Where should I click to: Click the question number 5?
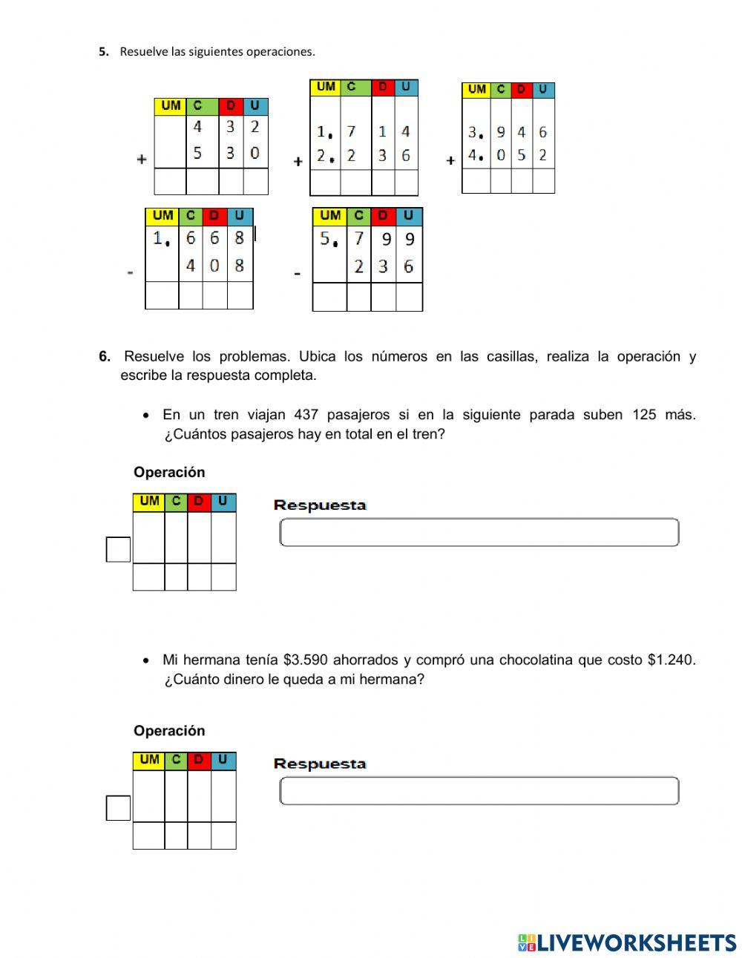(103, 52)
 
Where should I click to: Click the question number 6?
(105, 356)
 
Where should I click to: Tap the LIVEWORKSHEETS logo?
(627, 942)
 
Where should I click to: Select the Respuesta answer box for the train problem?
(479, 533)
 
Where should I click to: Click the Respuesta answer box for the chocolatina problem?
(479, 791)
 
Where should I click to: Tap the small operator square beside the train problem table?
(118, 549)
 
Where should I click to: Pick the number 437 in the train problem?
(306, 415)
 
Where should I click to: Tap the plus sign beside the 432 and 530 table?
(142, 159)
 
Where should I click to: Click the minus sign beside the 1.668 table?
(131, 272)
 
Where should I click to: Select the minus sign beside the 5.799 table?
(298, 273)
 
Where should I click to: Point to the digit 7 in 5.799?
(358, 239)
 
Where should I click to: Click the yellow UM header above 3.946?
(476, 90)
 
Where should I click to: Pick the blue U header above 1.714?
(405, 87)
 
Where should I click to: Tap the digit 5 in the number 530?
(197, 153)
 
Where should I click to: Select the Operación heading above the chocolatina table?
(169, 731)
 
